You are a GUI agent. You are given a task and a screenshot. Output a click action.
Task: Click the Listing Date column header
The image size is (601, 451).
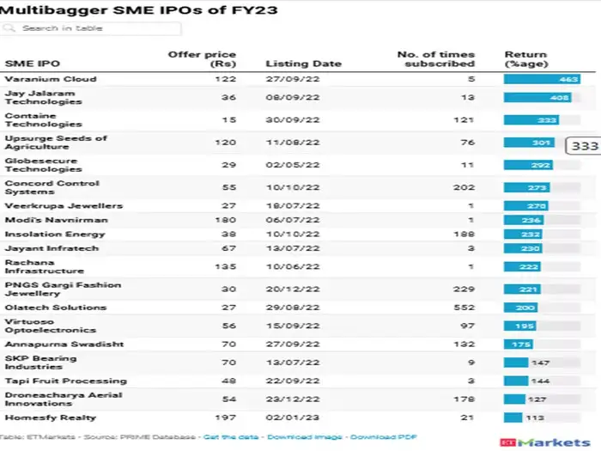[303, 64]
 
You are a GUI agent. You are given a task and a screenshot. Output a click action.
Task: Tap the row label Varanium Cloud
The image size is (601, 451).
[51, 79]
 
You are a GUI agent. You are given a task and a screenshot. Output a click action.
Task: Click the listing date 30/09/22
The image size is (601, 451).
[294, 120]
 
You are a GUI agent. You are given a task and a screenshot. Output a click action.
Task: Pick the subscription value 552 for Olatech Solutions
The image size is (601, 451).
[463, 308]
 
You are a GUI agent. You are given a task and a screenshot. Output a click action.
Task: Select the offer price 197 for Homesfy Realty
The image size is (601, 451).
[225, 417]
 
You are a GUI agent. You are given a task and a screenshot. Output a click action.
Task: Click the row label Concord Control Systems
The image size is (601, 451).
[52, 187]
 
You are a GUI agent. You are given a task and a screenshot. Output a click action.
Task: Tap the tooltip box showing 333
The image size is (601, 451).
[584, 146]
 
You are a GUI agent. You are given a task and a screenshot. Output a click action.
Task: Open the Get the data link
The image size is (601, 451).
[232, 437]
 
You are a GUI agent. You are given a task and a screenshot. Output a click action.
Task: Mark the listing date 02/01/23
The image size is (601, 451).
[294, 417]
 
